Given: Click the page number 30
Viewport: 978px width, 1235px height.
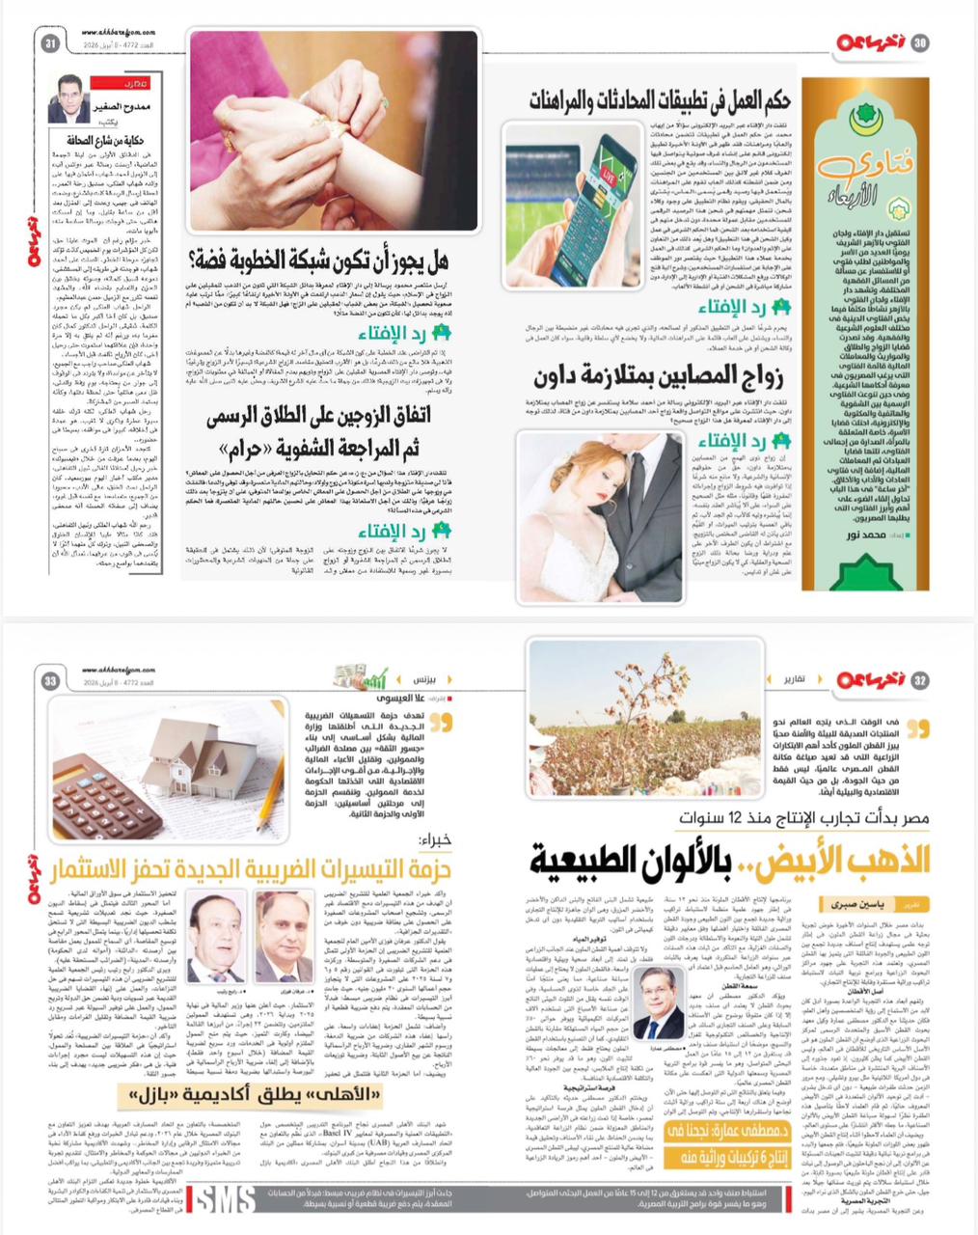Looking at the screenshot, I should tap(921, 42).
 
